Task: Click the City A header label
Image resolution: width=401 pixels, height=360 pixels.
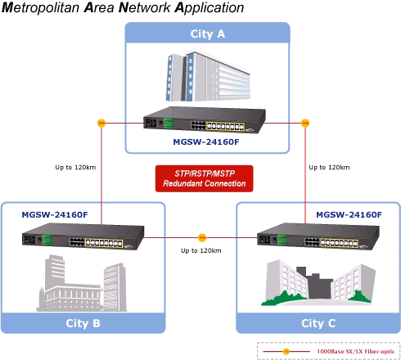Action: pyautogui.click(x=208, y=34)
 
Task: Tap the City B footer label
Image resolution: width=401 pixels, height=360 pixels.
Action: pyautogui.click(x=83, y=323)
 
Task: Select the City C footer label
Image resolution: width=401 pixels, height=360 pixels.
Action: pyautogui.click(x=318, y=323)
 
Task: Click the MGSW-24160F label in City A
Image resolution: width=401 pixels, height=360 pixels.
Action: pyautogui.click(x=206, y=142)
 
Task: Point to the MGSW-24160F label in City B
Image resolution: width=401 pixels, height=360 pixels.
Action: pyautogui.click(x=55, y=214)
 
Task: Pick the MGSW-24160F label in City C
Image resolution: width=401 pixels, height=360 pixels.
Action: pyautogui.click(x=349, y=214)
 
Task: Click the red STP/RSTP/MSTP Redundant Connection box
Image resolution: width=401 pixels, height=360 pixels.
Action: pyautogui.click(x=205, y=178)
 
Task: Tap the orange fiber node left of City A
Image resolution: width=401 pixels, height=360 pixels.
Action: pyautogui.click(x=101, y=123)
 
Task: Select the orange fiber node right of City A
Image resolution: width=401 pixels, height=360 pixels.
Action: pyautogui.click(x=305, y=123)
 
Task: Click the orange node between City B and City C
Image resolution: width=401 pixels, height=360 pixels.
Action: pyautogui.click(x=202, y=237)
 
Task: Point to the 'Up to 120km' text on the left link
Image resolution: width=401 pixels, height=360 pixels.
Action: pyautogui.click(x=75, y=167)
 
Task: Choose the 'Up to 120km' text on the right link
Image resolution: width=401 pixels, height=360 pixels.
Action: pyautogui.click(x=329, y=167)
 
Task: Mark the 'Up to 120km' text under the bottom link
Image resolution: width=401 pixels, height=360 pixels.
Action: pyautogui.click(x=201, y=250)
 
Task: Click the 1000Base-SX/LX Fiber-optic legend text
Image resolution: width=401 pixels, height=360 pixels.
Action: pyautogui.click(x=355, y=351)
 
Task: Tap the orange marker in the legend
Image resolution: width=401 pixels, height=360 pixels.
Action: pyautogui.click(x=286, y=351)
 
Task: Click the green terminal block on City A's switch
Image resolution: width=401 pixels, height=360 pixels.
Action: pyautogui.click(x=168, y=123)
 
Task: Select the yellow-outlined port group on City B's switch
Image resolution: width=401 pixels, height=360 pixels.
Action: pyautogui.click(x=104, y=242)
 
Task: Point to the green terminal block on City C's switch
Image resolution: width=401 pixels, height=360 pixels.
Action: pyautogui.click(x=282, y=240)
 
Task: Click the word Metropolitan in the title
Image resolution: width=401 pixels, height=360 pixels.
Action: pyautogui.click(x=41, y=7)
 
